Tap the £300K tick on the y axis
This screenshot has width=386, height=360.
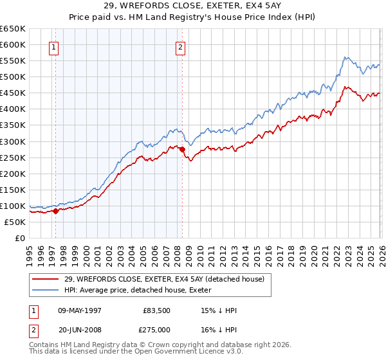coord(14,141)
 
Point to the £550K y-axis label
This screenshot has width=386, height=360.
coord(14,61)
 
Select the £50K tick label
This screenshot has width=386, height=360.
coord(15,222)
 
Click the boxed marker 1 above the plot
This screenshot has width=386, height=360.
coord(53,46)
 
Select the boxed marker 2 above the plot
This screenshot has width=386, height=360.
coord(181,46)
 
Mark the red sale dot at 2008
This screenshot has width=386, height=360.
coord(182,149)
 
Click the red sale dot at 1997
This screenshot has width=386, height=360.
coord(55,211)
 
